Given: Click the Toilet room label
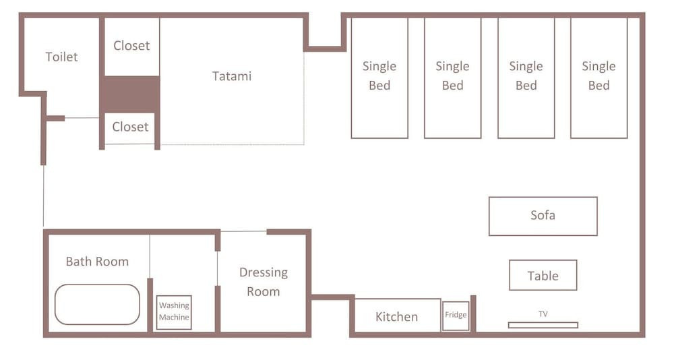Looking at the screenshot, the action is [61, 57].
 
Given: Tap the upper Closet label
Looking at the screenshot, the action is [131, 46].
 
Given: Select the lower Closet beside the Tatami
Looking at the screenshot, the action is [130, 127].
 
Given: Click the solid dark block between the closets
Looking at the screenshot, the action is [130, 94].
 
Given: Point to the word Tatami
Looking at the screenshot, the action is [232, 76].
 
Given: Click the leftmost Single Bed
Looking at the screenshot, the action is [379, 78].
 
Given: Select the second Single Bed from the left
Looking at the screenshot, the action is [453, 78].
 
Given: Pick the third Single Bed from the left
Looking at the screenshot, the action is [526, 78].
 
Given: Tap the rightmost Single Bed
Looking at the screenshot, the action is [599, 78].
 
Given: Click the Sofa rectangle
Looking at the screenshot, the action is [543, 216].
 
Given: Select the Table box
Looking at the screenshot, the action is [543, 275].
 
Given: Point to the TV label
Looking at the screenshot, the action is [543, 314].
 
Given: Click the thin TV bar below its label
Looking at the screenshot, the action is [543, 325].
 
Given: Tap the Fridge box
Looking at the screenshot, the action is [456, 316].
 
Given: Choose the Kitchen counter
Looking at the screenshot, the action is [396, 316].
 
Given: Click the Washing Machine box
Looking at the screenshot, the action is [174, 312].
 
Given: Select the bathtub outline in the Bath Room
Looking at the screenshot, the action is [97, 305].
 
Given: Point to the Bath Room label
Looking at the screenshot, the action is [97, 262].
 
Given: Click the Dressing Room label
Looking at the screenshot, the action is [264, 282].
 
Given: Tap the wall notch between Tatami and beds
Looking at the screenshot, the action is [325, 48].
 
